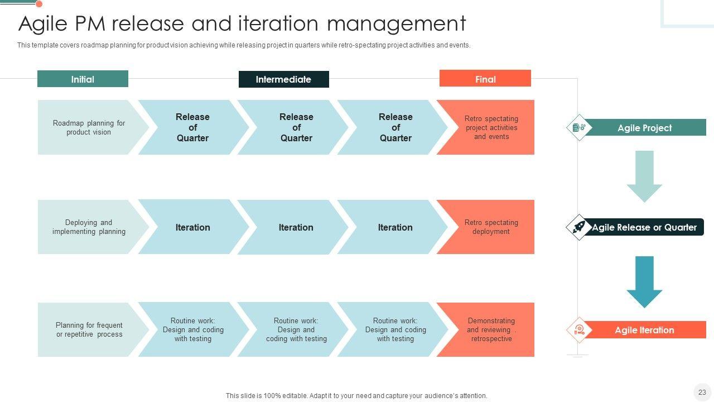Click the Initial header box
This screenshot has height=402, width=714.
83,79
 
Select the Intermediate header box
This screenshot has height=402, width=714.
283,79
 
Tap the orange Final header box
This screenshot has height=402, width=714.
485,79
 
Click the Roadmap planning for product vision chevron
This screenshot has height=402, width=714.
88,127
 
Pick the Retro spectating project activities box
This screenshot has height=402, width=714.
490,127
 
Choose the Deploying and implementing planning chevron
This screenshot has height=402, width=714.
88,227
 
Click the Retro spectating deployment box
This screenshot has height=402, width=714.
490,227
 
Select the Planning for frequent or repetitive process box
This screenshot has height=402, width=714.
88,329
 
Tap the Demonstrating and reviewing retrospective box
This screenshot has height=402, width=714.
490,329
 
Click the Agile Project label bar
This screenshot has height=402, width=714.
644,128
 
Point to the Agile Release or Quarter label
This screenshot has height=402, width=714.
644,227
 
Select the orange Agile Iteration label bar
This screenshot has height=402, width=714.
644,330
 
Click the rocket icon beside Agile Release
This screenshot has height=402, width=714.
579,227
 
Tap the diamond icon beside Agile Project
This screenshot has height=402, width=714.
579,128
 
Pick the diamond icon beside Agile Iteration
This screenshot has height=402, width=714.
579,330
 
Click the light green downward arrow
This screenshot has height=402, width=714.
644,175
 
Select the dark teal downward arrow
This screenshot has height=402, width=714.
644,281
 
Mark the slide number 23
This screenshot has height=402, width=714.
702,392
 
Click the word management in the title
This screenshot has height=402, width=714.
396,24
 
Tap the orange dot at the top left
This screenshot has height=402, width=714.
39,4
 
